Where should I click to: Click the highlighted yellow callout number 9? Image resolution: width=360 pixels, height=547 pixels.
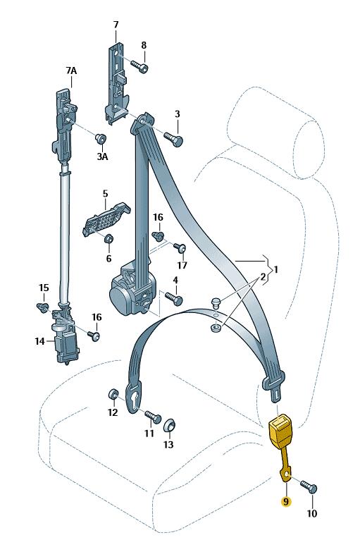tap(286, 502)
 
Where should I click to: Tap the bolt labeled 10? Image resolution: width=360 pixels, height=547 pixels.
tap(309, 486)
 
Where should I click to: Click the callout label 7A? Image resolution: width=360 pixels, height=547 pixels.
tap(71, 70)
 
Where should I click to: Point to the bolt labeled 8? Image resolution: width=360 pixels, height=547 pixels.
tap(139, 66)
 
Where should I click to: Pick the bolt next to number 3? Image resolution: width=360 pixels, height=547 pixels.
tap(173, 138)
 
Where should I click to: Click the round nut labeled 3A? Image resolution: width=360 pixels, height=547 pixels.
tap(101, 138)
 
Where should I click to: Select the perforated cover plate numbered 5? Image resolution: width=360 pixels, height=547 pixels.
tap(106, 219)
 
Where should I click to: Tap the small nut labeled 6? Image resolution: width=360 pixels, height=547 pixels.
tap(108, 239)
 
